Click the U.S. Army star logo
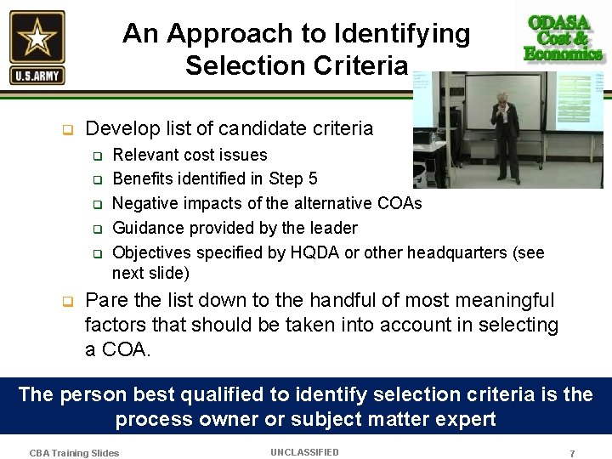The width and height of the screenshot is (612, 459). pos(37,47)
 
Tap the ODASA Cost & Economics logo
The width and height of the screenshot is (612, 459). pos(564,38)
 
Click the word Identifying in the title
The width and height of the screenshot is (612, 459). pos(403,33)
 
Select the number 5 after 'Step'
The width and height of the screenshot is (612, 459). pos(313,178)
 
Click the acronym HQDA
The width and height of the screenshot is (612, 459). pos(310,252)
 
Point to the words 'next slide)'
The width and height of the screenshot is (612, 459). pos(150,273)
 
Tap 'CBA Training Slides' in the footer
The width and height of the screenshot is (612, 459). pos(74,453)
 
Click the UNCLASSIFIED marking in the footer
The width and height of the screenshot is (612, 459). pos(304,452)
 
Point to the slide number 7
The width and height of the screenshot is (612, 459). pos(572,454)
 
